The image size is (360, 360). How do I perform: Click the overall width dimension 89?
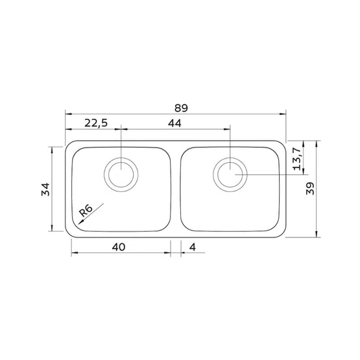click(181, 108)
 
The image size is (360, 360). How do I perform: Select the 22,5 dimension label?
click(96, 123)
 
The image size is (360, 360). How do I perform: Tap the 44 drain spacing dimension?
click(174, 123)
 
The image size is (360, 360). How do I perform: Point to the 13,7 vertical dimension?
click(297, 158)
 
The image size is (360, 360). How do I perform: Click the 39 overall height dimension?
click(310, 189)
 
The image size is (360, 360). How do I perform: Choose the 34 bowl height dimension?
click(45, 189)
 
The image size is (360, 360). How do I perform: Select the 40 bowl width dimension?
click(119, 247)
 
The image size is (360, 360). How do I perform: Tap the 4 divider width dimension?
click(193, 247)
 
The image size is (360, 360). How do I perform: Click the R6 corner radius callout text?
click(86, 211)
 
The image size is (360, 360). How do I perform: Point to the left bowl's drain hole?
click(121, 174)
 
